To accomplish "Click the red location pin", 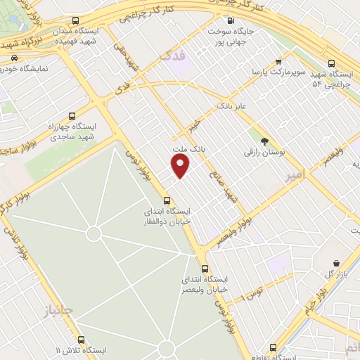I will click(181, 165).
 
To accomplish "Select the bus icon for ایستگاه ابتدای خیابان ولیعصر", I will click(205, 269).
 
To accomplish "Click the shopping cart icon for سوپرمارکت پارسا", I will click(279, 61).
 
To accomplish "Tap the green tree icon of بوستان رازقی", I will click(264, 141).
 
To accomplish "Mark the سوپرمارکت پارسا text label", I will click(280, 72).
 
